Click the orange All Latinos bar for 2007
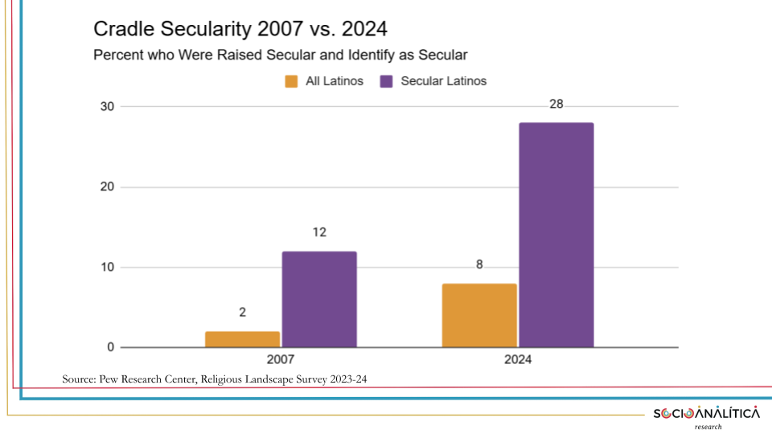242,339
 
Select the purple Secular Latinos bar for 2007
319,299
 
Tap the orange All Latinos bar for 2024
479,315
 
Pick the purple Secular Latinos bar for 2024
556,235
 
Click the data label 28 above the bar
556,105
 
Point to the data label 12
319,233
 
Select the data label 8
479,264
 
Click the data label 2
242,313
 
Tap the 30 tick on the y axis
107,107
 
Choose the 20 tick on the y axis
107,187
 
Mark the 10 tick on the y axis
107,268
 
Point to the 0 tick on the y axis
110,348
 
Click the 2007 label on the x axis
281,360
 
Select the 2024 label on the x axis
518,360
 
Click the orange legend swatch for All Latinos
291,81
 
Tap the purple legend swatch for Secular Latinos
386,81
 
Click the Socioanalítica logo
706,414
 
